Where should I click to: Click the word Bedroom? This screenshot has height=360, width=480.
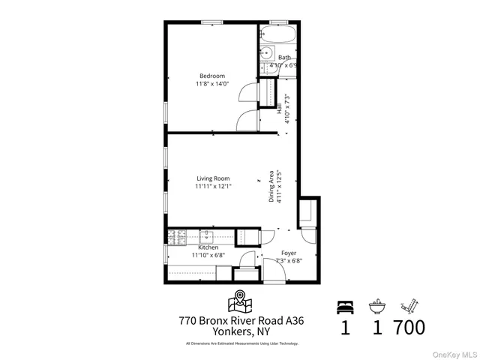click(212, 76)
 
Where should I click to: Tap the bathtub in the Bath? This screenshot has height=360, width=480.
click(279, 35)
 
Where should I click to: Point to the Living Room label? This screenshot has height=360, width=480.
click(213, 178)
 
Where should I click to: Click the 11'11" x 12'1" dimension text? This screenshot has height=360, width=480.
click(214, 187)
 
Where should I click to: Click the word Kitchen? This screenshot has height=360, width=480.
click(208, 247)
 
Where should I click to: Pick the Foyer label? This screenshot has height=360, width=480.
click(289, 253)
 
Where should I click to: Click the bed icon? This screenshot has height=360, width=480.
click(345, 305)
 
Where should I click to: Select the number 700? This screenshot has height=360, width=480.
click(409, 328)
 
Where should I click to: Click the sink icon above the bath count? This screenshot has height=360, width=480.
click(377, 306)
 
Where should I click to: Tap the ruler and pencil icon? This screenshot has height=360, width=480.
click(409, 305)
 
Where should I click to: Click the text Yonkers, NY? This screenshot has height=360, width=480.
click(241, 331)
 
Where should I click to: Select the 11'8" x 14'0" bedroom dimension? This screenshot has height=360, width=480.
click(212, 84)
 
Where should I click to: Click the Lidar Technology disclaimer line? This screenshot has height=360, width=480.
click(241, 343)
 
